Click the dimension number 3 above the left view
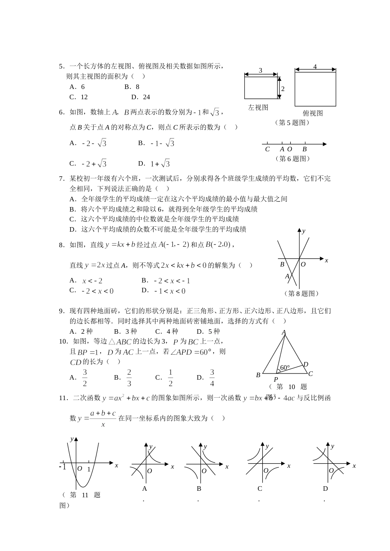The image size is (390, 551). click(260, 71)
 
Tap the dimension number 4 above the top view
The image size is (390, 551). click(315, 66)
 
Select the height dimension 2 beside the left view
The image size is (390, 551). click(283, 89)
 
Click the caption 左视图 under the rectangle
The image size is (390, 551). click(258, 107)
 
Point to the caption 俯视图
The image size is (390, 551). click(313, 113)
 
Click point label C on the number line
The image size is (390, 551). click(267, 149)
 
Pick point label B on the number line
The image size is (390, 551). click(304, 149)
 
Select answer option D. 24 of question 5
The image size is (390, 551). click(141, 97)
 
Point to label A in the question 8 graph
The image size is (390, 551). click(287, 276)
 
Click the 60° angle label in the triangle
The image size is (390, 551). click(284, 368)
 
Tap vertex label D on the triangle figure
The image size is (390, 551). click(305, 364)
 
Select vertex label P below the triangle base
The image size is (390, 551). click(275, 380)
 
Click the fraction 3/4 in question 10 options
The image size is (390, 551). click(212, 378)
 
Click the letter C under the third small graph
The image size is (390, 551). click(259, 489)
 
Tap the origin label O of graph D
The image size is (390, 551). click(331, 471)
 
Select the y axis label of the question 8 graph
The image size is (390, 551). click(303, 231)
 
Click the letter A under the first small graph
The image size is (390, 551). click(145, 489)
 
